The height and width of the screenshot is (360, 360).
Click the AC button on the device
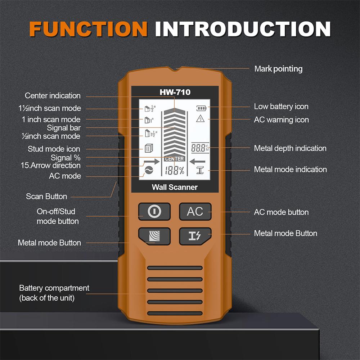[x=195, y=212]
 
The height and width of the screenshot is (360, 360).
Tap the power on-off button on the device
[x=154, y=212]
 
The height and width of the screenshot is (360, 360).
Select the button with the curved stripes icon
[x=154, y=235]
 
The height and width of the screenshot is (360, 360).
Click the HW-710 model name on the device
[x=175, y=93]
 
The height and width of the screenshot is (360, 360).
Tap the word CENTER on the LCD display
[x=175, y=159]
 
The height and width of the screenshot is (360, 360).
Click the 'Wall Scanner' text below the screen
[x=175, y=187]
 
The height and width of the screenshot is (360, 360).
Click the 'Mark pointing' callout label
[x=278, y=69]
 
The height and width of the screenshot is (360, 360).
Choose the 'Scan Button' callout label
[x=46, y=197]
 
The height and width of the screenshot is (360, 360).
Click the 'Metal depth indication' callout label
[x=290, y=148]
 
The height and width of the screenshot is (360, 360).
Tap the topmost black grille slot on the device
[x=175, y=268]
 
